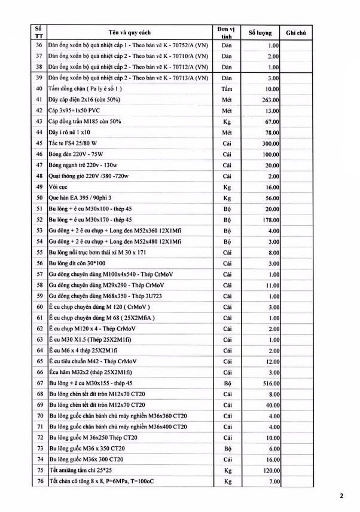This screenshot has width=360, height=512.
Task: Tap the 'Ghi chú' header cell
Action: (297, 32)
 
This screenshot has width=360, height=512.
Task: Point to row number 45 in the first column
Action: (39, 143)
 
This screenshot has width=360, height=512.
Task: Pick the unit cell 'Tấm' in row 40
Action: (226, 88)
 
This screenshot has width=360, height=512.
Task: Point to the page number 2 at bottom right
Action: (341, 495)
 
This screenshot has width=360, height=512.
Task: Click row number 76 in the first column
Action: (39, 481)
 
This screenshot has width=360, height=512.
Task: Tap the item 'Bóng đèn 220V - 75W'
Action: (78, 154)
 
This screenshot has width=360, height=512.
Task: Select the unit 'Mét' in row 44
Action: (226, 132)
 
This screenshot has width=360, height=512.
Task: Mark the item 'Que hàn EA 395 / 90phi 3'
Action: (81, 198)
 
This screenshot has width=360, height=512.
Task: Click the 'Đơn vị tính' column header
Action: (226, 32)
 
